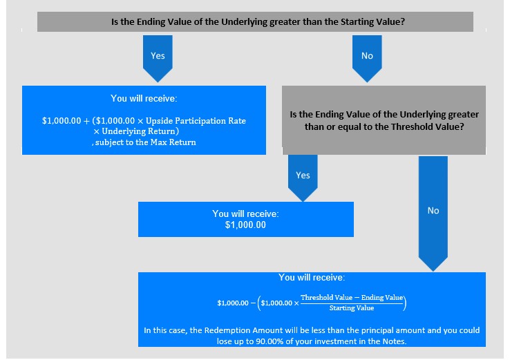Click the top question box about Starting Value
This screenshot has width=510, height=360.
click(255, 22)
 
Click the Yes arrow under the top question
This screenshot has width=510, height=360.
click(158, 59)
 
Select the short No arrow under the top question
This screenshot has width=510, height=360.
click(367, 59)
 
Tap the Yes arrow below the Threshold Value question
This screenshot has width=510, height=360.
click(303, 178)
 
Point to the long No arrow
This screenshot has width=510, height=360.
click(433, 214)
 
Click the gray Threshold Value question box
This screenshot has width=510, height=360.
click(384, 120)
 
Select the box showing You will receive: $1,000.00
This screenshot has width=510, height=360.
click(246, 219)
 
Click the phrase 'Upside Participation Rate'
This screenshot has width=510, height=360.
click(196, 121)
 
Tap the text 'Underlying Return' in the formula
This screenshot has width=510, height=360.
click(139, 131)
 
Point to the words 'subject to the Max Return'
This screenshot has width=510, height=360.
click(146, 142)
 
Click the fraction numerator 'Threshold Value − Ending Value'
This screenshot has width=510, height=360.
click(352, 298)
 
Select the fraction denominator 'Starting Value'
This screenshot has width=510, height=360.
click(352, 308)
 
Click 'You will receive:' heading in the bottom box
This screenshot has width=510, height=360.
click(312, 277)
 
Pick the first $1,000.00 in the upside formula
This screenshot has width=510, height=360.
click(62, 121)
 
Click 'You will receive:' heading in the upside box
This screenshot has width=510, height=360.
click(144, 98)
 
